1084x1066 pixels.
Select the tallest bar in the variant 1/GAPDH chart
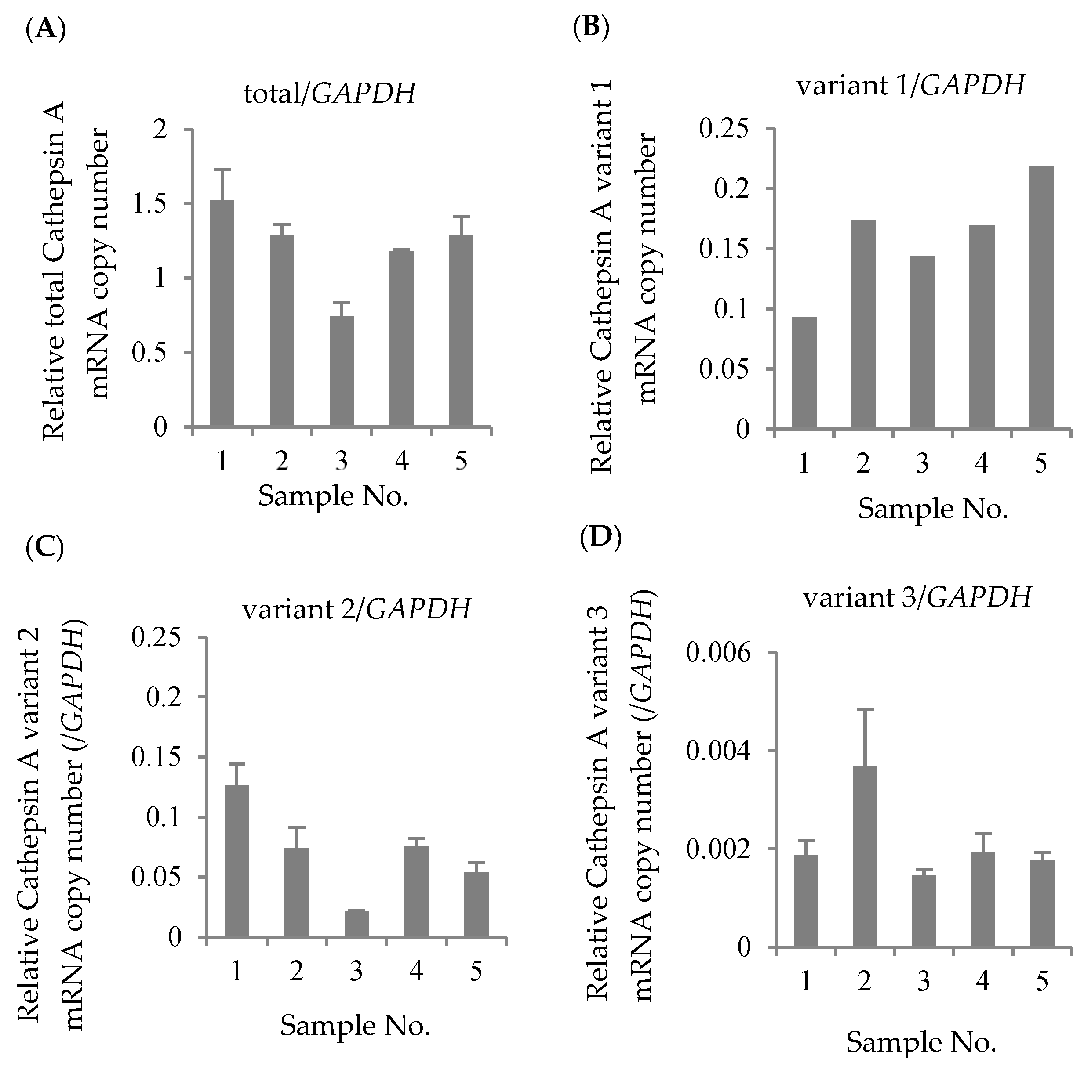pos(1040,297)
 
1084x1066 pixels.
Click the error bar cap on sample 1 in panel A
pos(222,169)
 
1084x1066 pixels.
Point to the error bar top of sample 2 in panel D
pos(864,710)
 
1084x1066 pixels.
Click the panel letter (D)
pos(600,538)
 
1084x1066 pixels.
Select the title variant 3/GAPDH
pos(917,598)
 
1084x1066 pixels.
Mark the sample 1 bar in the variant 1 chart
pos(804,372)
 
